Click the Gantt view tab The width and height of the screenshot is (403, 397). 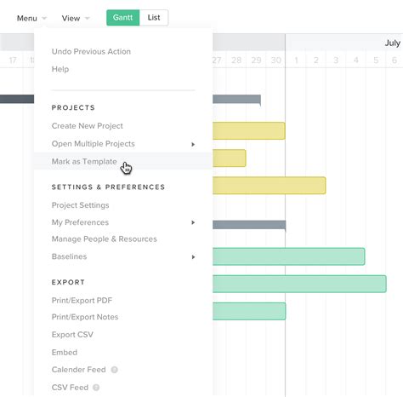(122, 17)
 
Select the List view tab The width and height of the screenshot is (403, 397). (153, 17)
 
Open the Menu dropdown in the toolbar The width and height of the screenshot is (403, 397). (31, 18)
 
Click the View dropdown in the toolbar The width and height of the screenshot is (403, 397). (76, 18)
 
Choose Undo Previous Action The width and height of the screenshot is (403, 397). (91, 51)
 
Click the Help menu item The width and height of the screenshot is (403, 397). (60, 69)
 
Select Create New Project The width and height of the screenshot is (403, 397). (88, 125)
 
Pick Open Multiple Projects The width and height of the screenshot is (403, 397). (93, 143)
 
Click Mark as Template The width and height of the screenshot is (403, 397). (84, 161)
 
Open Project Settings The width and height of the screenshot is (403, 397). (80, 204)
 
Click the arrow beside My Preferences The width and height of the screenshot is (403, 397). (193, 222)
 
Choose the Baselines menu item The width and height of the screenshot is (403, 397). (69, 256)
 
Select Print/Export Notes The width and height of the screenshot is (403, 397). (85, 317)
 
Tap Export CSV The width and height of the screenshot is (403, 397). (71, 335)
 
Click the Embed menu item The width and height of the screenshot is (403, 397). (65, 352)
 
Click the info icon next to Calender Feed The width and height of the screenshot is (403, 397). (114, 370)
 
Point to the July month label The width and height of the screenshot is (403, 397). (392, 43)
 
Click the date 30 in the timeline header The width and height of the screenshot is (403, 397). (275, 60)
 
